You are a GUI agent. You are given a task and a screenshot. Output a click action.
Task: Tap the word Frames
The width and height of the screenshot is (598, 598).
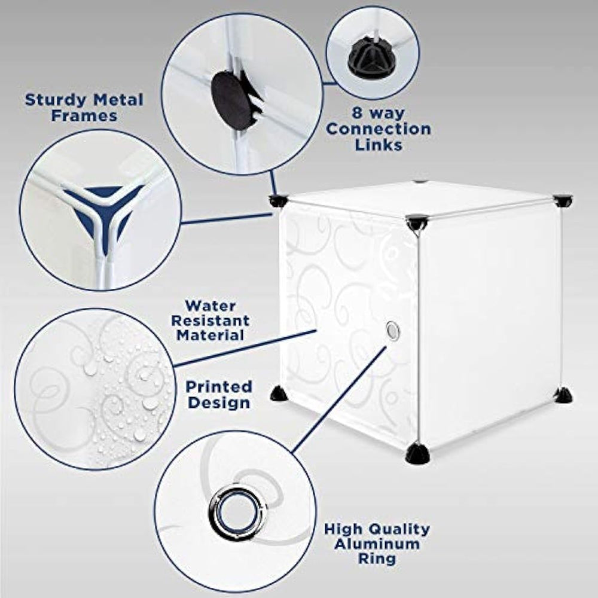84,115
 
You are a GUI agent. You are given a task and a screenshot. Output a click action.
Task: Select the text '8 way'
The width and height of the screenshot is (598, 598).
378,114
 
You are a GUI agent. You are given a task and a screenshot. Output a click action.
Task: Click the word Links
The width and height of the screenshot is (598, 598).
379,145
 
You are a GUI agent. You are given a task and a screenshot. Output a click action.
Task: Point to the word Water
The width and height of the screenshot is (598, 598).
210,306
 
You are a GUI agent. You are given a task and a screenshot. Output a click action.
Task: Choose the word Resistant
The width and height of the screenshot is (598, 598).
210,321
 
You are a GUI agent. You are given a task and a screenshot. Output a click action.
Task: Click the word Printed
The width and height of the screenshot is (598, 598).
219,387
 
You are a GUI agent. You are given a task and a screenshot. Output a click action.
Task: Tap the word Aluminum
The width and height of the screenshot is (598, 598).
377,544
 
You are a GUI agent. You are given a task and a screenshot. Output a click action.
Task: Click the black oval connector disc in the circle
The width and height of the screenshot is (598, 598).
230,96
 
